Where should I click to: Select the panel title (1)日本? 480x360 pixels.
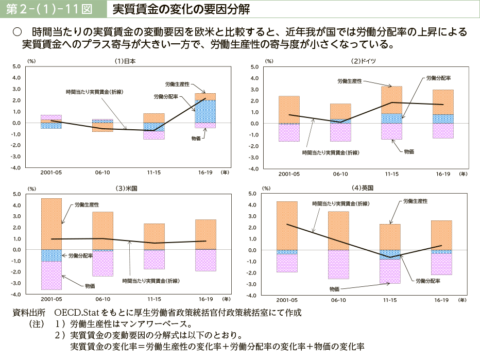pos(125,60)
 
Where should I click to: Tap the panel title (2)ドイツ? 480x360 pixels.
pos(364,60)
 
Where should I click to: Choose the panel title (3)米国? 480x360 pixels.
pos(126,188)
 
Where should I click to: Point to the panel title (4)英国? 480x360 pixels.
pos(363,188)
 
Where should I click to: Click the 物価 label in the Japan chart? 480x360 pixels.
pos(196,139)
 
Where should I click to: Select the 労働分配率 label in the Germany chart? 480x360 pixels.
pos(438,78)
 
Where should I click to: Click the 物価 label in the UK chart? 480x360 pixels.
pos(334,289)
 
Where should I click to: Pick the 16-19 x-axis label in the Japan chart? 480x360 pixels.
pos(205,173)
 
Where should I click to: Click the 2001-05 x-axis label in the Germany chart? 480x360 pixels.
pos(289,174)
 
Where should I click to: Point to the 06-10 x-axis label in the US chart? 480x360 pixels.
pos(102,299)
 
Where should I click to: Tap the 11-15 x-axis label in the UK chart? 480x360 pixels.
pos(390,300)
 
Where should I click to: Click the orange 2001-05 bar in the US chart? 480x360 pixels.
pos(51,224)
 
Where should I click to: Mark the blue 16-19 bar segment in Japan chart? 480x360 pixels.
pos(205,111)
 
